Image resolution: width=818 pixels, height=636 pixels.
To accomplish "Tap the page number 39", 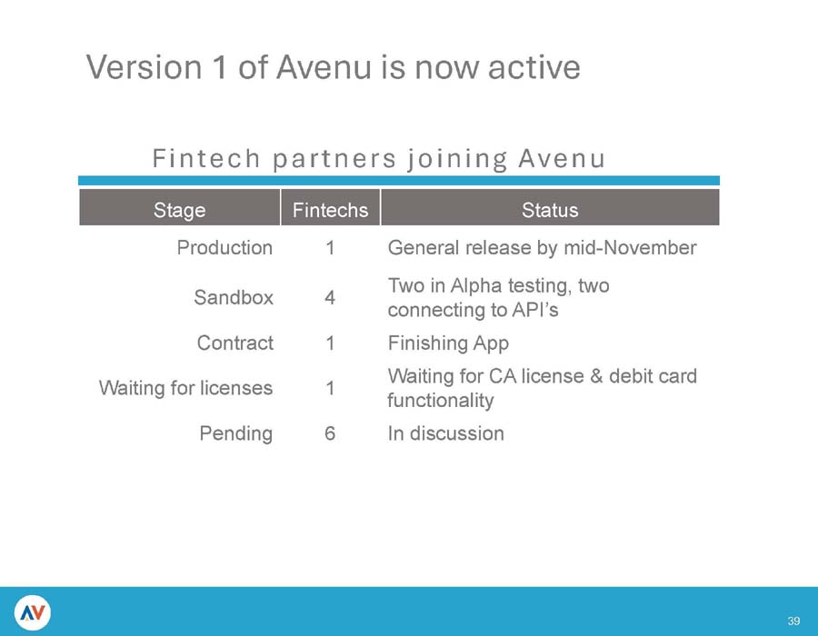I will (793, 621).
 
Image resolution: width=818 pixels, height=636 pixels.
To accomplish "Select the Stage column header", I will (179, 211).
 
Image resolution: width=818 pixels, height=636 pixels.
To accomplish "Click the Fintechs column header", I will (330, 211).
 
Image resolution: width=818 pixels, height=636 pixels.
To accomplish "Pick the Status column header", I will (550, 211).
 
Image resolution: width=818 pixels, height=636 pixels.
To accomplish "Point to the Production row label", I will (224, 247).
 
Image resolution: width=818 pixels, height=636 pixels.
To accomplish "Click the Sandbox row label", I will (234, 297).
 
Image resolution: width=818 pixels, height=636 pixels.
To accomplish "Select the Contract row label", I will (234, 343).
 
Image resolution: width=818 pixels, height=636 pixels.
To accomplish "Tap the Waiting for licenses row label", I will (185, 388).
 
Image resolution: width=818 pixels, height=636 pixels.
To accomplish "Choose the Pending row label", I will (235, 433).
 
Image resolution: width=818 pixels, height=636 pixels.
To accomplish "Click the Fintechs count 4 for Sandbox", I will (329, 297).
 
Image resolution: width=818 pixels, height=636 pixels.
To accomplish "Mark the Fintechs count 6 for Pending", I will (329, 433).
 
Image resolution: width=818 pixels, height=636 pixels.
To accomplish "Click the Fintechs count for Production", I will (329, 247).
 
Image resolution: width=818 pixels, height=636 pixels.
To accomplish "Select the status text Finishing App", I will (448, 343).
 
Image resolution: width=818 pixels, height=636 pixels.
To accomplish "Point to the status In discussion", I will (445, 433).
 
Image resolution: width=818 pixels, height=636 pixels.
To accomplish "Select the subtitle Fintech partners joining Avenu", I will (378, 160).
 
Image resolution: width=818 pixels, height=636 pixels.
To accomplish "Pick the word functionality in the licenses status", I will (440, 400).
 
